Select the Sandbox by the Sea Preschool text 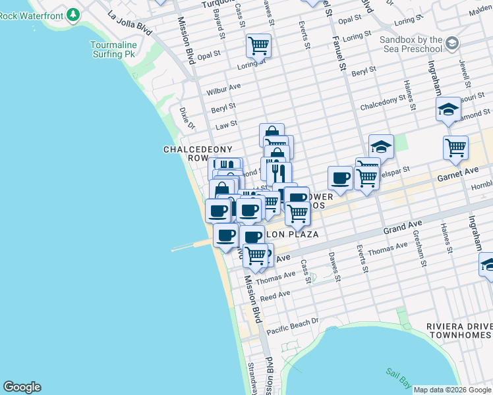point(411,44)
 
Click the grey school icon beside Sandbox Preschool point(452,43)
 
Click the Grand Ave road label point(403,228)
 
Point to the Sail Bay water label point(397,376)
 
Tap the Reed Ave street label point(275,295)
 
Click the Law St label point(226,124)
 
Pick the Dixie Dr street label point(187,118)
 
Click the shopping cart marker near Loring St point(259,45)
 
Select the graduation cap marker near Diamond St point(448,109)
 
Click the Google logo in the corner point(22,387)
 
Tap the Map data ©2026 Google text point(452,390)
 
